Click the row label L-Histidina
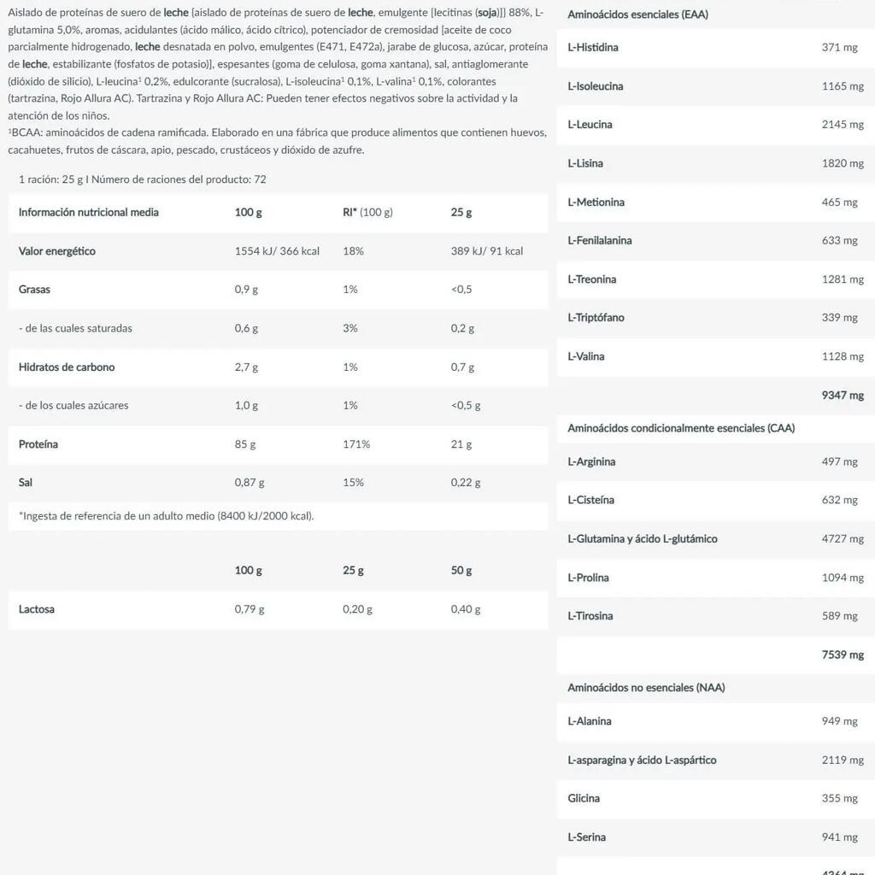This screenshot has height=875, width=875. tap(593, 48)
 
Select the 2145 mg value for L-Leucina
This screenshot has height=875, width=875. tap(843, 125)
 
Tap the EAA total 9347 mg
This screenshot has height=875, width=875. tap(843, 396)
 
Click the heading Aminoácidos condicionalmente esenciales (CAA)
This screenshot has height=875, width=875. tap(681, 428)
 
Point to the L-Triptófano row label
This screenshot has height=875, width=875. tap(596, 318)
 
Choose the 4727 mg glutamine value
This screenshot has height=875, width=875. tap(843, 539)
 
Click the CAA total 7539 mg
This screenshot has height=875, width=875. tap(843, 655)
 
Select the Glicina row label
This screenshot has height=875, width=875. tap(584, 799)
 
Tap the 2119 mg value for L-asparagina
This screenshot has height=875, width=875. tap(843, 760)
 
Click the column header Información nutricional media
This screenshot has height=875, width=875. tap(89, 213)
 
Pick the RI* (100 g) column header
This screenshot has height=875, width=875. tap(367, 213)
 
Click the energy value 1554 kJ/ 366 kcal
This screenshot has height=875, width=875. tap(277, 251)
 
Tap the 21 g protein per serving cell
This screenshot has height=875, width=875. tap(461, 444)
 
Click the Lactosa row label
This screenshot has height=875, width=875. tap(37, 610)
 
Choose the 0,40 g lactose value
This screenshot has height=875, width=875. tap(466, 610)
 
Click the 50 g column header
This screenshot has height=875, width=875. tap(461, 571)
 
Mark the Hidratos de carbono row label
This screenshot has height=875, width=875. tap(67, 367)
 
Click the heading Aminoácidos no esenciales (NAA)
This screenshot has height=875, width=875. tap(646, 688)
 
